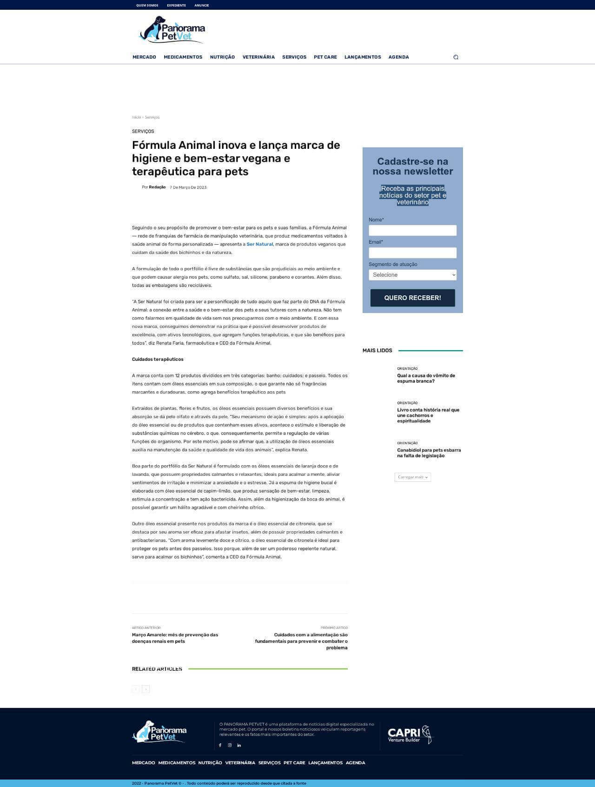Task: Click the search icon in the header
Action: click(x=456, y=57)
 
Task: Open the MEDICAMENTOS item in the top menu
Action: click(x=183, y=57)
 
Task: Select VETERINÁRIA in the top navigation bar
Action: click(x=258, y=57)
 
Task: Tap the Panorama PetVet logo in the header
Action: click(x=172, y=30)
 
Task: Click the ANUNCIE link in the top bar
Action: click(x=201, y=6)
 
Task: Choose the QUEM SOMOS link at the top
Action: click(x=147, y=6)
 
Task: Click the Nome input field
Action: click(x=412, y=230)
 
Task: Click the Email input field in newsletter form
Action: click(x=412, y=253)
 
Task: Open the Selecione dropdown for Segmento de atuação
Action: click(x=412, y=275)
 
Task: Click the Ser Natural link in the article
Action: click(x=259, y=244)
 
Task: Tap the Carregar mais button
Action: click(x=412, y=477)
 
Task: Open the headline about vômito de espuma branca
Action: click(x=426, y=378)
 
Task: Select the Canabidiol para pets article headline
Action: click(x=429, y=453)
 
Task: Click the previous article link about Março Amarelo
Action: click(x=175, y=638)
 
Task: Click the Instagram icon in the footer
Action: click(x=230, y=745)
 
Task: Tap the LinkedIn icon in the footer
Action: click(x=239, y=745)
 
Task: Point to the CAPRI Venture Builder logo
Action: click(x=410, y=735)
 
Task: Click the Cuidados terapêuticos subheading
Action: click(x=158, y=359)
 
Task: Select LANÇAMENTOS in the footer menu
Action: click(x=325, y=763)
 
